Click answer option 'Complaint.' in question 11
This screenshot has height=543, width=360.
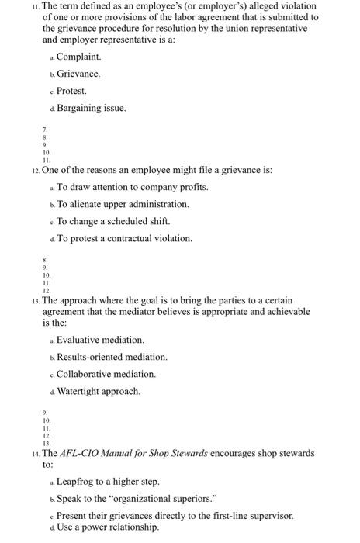tap(78, 57)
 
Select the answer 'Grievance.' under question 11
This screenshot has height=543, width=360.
tap(78, 74)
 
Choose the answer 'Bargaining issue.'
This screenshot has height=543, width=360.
tap(91, 108)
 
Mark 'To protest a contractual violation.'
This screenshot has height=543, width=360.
tap(124, 238)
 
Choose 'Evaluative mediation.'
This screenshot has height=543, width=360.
tap(100, 340)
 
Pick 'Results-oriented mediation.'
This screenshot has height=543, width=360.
tap(112, 357)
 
